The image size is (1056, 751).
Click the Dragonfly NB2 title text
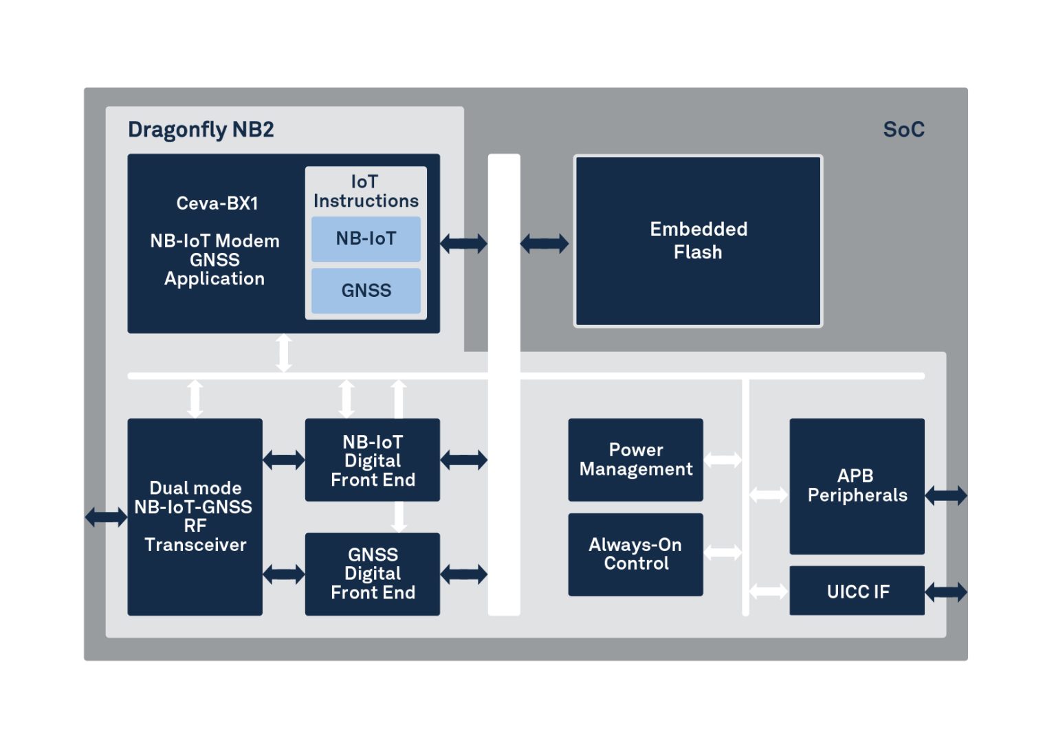200,130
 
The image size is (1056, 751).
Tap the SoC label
904,130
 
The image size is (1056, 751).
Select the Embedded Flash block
698,240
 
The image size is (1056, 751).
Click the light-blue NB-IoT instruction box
366,239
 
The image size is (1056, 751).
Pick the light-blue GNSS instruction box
366,291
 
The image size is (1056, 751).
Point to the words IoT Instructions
366,191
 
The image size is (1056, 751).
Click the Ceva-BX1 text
217,203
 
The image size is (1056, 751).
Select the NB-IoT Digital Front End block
373,460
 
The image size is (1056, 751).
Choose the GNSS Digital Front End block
373,574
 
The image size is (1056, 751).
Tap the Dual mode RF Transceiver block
195,517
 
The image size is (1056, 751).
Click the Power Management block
635,460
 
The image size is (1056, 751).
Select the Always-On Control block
635,554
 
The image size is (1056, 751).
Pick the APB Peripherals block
857,486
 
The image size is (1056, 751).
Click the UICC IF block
857,591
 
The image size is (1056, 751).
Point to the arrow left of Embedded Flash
544,244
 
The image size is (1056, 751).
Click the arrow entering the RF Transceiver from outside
106,517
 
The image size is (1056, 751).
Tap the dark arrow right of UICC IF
946,592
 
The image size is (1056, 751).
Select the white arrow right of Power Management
723,460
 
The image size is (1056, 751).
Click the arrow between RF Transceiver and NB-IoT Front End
284,460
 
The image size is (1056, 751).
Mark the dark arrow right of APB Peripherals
946,495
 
